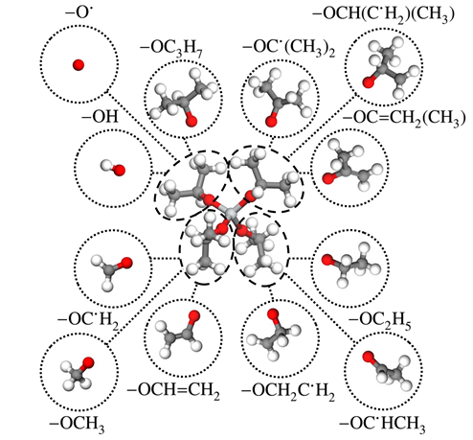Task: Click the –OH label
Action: pyautogui.click(x=100, y=117)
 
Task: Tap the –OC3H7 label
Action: pyautogui.click(x=171, y=49)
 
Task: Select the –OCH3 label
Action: pyautogui.click(x=77, y=425)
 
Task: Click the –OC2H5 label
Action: pyautogui.click(x=380, y=320)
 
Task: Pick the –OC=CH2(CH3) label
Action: pyautogui.click(x=404, y=119)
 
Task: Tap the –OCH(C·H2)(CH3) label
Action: pyautogui.click(x=383, y=15)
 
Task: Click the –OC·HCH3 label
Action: pyautogui.click(x=382, y=425)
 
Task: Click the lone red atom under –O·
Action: pyautogui.click(x=79, y=65)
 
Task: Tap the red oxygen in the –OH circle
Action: pyautogui.click(x=119, y=171)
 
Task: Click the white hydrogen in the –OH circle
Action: pyautogui.click(x=105, y=166)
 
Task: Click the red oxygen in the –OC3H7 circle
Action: pyautogui.click(x=191, y=122)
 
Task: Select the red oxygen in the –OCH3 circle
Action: pyautogui.click(x=88, y=363)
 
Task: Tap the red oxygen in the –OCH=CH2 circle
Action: pyautogui.click(x=194, y=316)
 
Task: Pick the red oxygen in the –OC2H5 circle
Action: pyautogui.click(x=327, y=260)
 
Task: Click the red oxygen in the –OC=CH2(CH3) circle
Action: pyautogui.click(x=328, y=178)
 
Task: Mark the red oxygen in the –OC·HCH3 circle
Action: pyautogui.click(x=369, y=357)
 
